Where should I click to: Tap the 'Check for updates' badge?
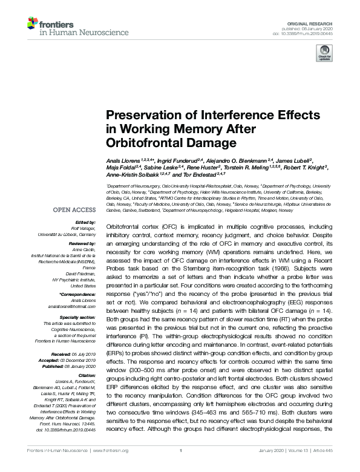coord(324,55)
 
